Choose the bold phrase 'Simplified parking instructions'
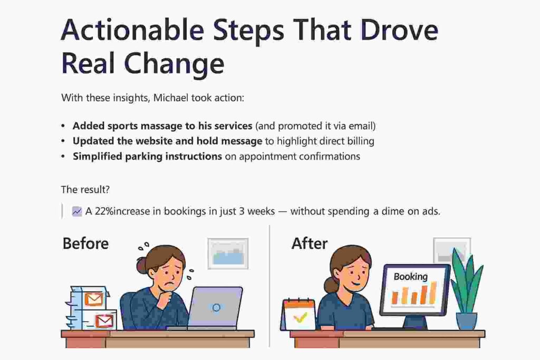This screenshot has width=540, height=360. pos(147,156)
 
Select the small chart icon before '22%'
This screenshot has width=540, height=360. pos(77,211)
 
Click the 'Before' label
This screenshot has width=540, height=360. pos(85,244)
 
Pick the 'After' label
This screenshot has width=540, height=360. pos(310,244)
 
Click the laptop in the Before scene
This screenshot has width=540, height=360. pos(215,308)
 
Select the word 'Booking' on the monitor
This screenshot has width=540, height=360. pos(411,277)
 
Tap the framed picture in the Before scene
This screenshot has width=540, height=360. pos(228,254)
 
